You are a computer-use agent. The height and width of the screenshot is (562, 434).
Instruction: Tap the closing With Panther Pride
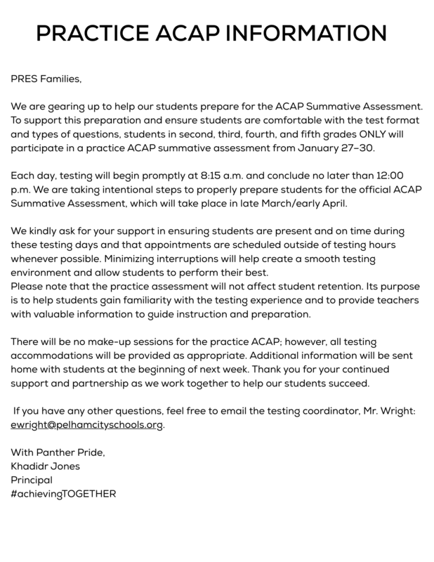point(58,452)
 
